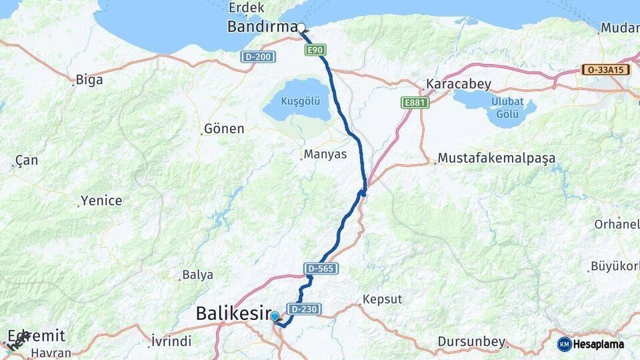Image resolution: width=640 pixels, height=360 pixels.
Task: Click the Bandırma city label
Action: click(x=261, y=27)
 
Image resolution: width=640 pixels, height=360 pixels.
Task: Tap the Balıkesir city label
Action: click(x=233, y=313)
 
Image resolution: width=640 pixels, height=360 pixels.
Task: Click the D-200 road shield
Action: click(x=258, y=57)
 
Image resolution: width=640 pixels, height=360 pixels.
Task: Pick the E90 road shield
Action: click(x=317, y=50)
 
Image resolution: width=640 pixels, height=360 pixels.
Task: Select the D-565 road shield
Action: click(x=321, y=268)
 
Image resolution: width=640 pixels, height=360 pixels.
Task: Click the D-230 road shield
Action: click(x=304, y=309)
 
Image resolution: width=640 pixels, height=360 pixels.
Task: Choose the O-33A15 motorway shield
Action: click(x=605, y=69)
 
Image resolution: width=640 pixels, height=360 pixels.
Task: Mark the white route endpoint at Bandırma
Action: click(x=301, y=28)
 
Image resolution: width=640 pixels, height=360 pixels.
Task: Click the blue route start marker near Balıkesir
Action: click(x=275, y=317)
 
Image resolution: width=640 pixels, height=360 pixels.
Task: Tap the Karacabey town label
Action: click(x=459, y=85)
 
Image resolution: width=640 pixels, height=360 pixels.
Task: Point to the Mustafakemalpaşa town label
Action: click(x=497, y=159)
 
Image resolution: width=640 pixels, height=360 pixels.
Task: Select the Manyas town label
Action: click(x=325, y=155)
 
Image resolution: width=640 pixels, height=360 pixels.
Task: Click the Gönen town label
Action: click(x=224, y=129)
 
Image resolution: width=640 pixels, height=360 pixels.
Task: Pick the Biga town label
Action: click(x=89, y=80)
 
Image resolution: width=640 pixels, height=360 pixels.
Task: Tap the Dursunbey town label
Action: click(x=471, y=342)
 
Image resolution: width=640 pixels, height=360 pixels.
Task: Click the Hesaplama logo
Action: click(x=591, y=344)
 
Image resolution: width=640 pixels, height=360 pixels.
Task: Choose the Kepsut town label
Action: click(x=382, y=299)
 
